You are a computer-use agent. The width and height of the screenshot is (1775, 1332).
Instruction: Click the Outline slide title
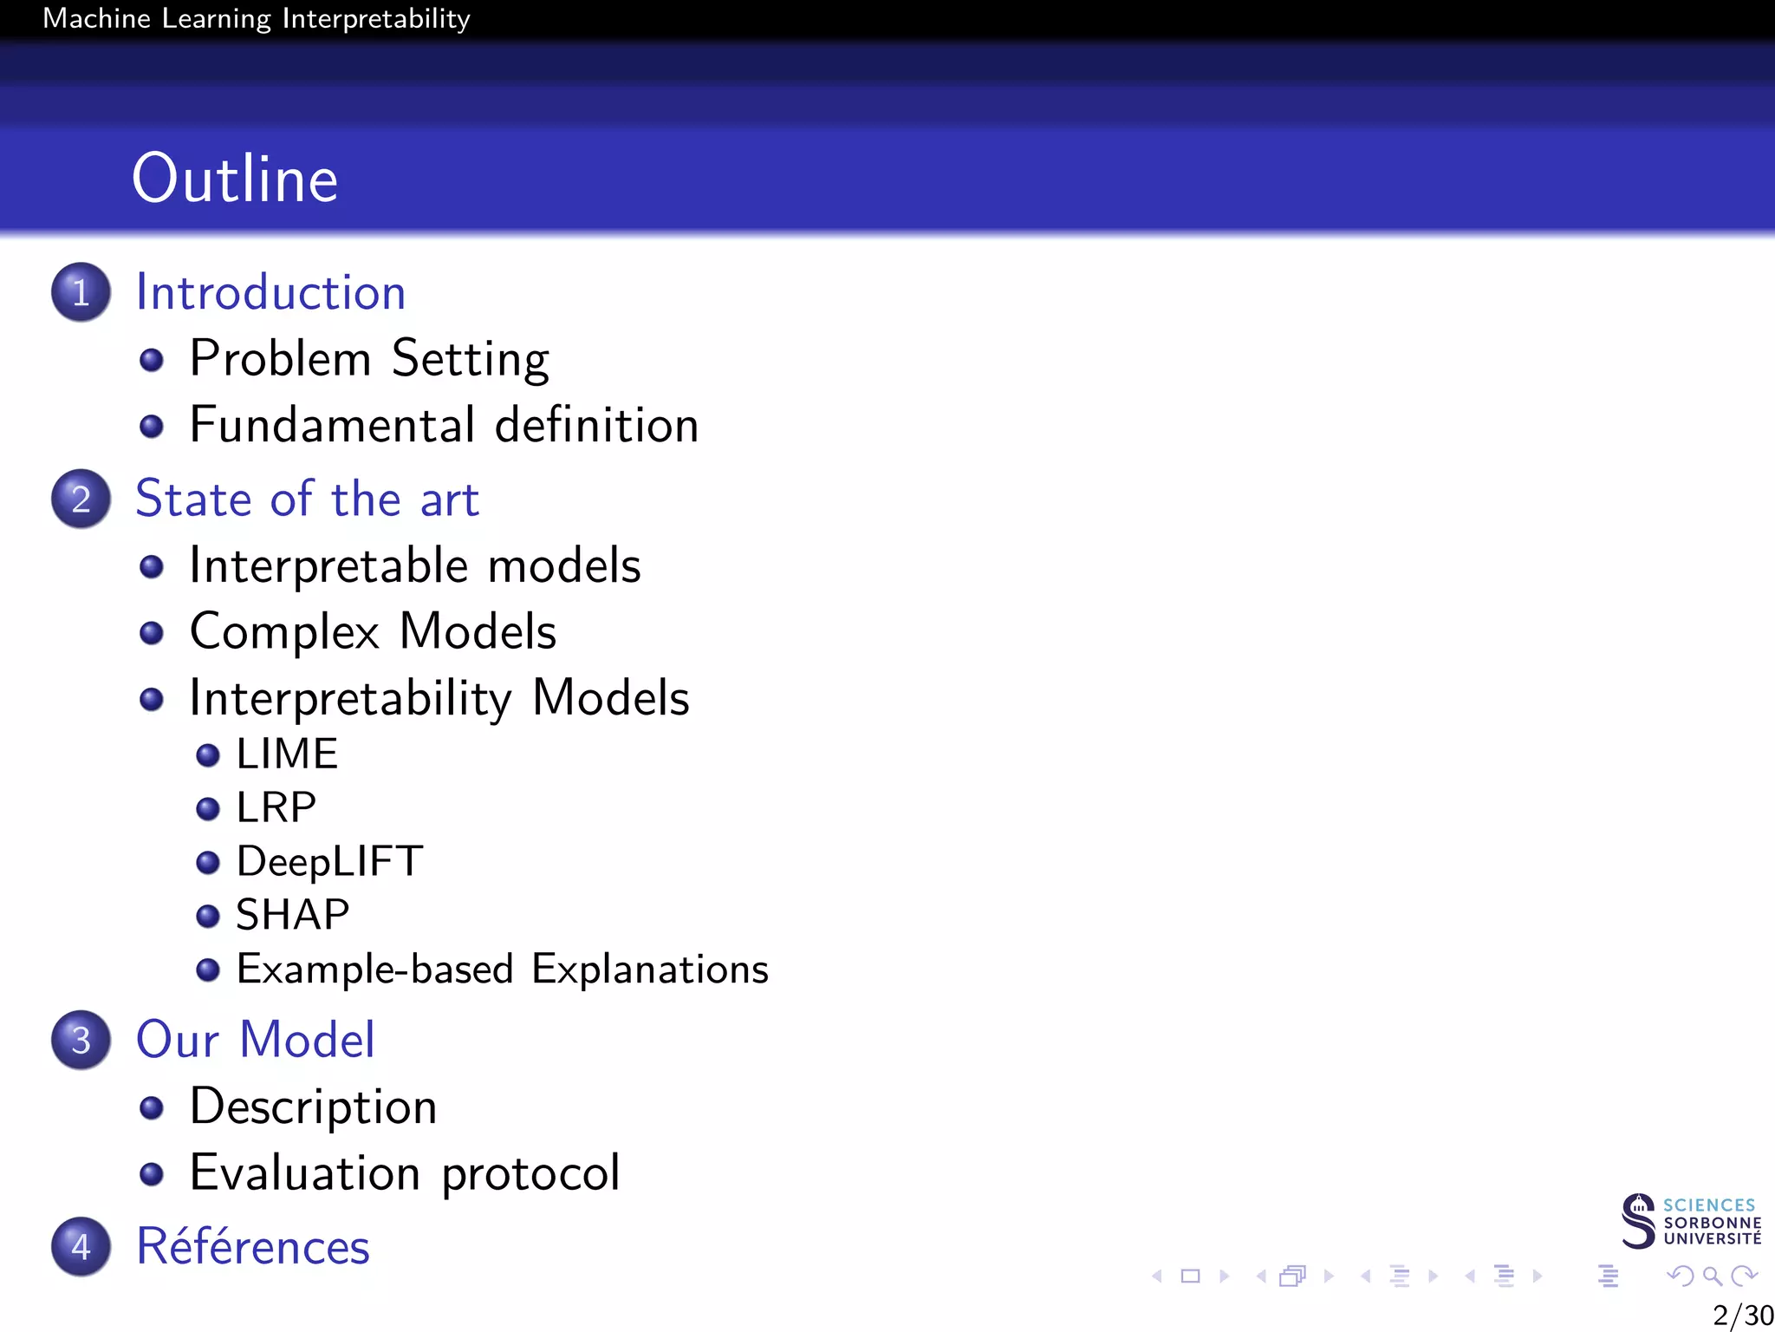click(234, 179)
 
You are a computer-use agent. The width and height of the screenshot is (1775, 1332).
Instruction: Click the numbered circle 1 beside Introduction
click(81, 292)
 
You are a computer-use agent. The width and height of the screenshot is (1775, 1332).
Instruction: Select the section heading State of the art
click(307, 499)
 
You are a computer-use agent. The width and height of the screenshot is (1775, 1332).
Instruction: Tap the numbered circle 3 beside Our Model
click(81, 1040)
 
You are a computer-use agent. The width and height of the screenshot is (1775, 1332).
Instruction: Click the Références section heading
click(253, 1247)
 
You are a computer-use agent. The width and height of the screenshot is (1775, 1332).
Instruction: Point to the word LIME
click(287, 754)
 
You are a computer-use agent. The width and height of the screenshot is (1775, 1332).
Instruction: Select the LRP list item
click(276, 807)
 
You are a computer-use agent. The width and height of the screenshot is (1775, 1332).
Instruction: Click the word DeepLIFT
click(329, 861)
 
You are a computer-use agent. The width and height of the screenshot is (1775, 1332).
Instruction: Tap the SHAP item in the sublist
click(293, 915)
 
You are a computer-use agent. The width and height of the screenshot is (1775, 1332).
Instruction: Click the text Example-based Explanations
click(503, 969)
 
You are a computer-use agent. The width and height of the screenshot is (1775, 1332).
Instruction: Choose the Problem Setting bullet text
click(369, 358)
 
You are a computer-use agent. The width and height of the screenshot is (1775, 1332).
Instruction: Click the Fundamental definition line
click(444, 425)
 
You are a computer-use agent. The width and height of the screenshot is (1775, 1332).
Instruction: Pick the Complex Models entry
click(373, 631)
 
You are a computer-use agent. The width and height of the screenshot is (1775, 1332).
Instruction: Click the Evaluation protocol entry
click(405, 1172)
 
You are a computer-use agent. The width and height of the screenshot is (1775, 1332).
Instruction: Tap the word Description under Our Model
click(313, 1107)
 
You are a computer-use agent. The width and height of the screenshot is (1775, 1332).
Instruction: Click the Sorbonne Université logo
click(1690, 1221)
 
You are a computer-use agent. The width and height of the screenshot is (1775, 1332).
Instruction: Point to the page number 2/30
click(1742, 1315)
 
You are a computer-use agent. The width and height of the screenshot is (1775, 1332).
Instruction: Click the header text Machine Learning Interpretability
click(257, 18)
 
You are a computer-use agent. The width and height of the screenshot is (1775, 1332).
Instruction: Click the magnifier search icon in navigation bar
click(1712, 1276)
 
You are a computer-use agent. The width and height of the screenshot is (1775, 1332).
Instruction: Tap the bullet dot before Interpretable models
click(152, 566)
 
